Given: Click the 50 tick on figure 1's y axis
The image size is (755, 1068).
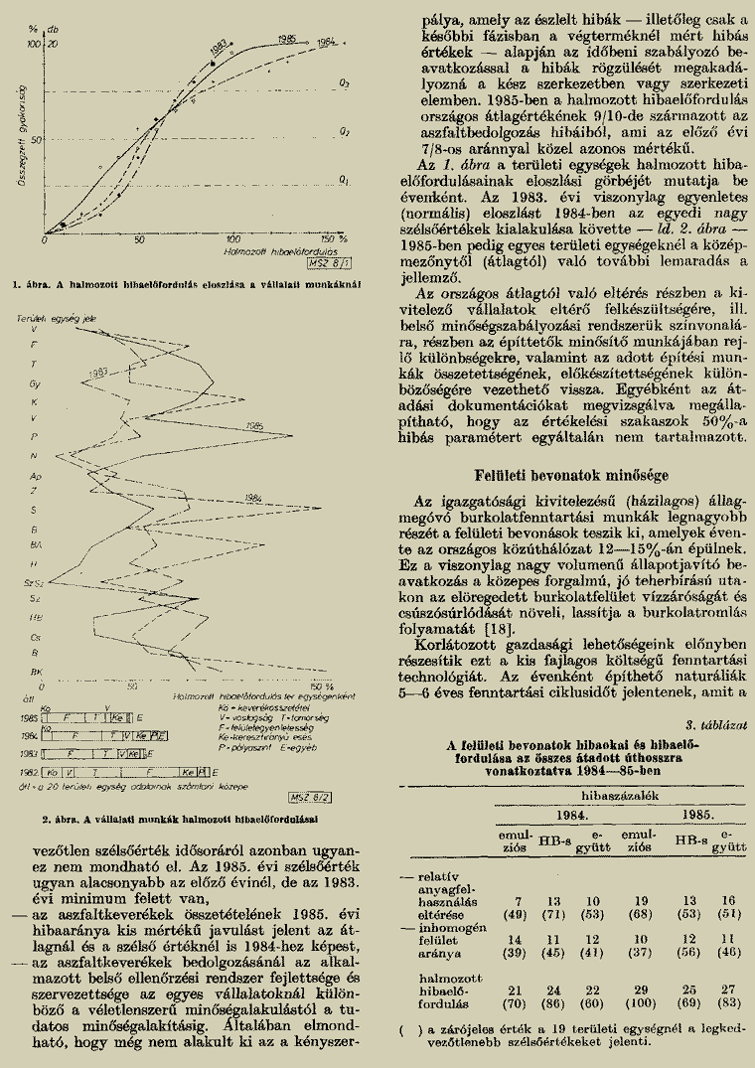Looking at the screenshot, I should click(36, 139).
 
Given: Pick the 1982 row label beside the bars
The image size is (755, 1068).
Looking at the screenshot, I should click(29, 772).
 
